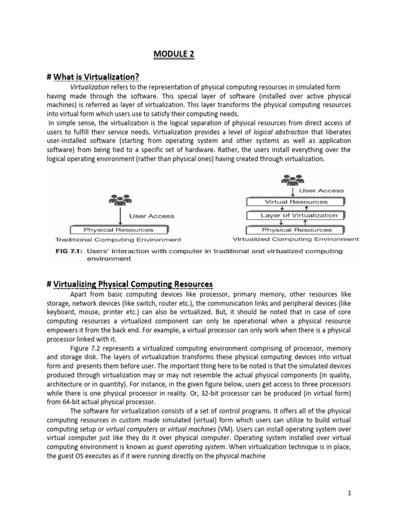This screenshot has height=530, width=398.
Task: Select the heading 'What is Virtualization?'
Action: click(x=93, y=77)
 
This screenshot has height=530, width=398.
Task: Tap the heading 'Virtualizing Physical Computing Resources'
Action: click(x=130, y=284)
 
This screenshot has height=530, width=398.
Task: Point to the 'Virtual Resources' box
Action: click(x=296, y=201)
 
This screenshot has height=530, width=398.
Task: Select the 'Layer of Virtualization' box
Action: click(x=299, y=215)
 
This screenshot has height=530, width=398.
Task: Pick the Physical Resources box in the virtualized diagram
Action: click(x=297, y=229)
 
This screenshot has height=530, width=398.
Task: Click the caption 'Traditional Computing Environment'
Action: click(x=118, y=240)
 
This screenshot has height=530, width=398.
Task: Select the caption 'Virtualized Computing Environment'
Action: click(x=295, y=239)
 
